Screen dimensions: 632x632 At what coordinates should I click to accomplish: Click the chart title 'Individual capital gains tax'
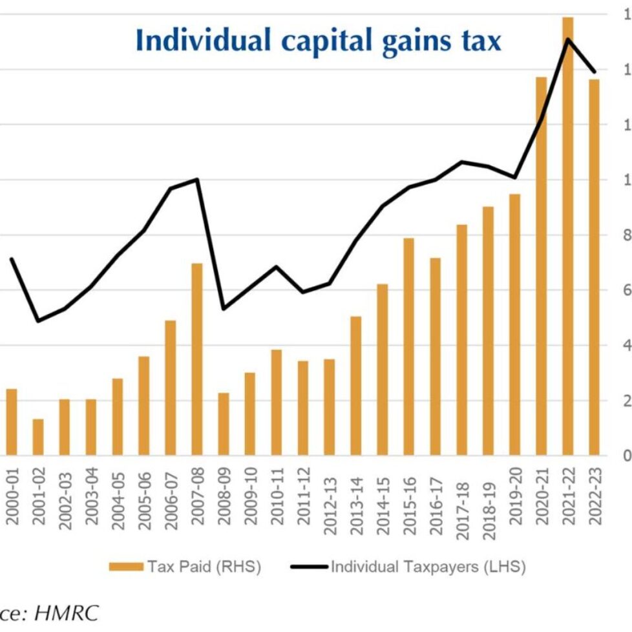(318, 40)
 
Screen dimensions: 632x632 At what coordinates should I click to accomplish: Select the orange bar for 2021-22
(568, 236)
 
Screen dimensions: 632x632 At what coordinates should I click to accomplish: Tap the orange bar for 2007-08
(197, 359)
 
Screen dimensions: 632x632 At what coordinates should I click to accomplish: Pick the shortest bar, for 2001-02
(38, 437)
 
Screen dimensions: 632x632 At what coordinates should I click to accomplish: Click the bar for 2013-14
(356, 385)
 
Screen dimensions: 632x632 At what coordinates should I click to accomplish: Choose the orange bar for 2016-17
(436, 356)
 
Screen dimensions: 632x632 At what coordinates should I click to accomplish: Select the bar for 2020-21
(542, 266)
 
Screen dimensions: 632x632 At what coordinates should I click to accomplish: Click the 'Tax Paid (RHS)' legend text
(204, 567)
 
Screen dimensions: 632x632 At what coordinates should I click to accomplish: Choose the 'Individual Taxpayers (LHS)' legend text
(428, 567)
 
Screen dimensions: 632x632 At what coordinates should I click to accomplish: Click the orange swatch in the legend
(125, 567)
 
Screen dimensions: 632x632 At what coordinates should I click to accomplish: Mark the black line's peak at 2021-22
(567, 40)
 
